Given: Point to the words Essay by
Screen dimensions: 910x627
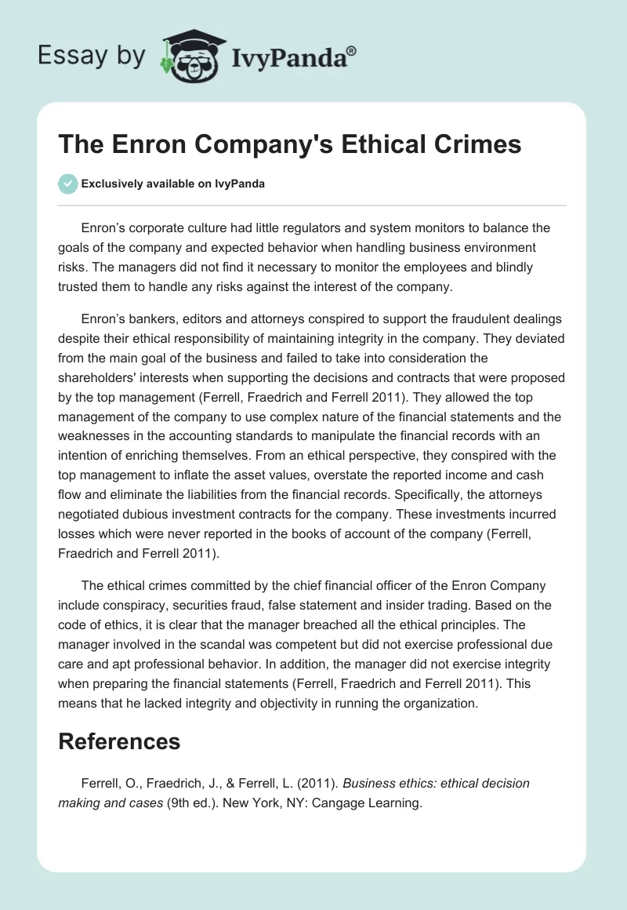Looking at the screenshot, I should [92, 55].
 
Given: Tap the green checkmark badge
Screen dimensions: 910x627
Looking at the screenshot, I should [67, 184].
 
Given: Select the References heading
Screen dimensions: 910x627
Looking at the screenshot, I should [119, 741].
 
